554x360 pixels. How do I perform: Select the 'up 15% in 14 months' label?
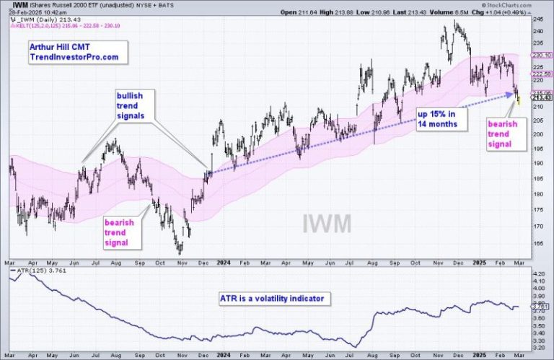click(x=438, y=118)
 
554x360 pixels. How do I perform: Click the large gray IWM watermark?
click(x=325, y=223)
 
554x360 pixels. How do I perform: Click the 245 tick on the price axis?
click(x=537, y=21)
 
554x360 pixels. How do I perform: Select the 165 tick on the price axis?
click(x=537, y=243)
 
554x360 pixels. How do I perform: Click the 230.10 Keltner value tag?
click(x=539, y=55)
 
